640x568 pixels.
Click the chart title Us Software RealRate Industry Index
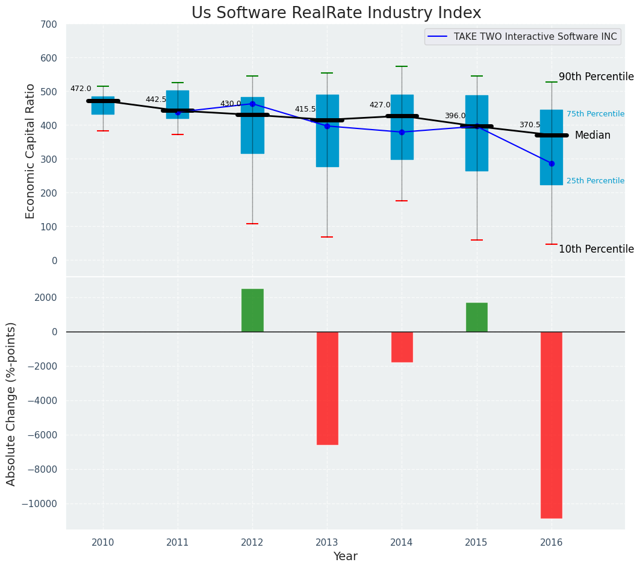pos(336,13)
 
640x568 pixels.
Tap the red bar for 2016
pos(551,424)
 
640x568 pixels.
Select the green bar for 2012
pos(252,310)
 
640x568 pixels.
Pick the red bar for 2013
pos(327,388)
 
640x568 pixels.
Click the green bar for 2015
pos(476,317)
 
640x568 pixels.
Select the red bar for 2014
pos(402,347)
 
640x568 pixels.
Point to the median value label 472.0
pos(81,89)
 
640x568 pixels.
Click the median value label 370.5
pos(530,125)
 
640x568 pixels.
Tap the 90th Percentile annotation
pos(596,77)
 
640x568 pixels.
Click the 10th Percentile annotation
pos(596,249)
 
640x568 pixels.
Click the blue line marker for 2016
pos(551,163)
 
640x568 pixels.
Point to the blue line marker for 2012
pos(252,104)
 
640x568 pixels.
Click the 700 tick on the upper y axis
pos(49,25)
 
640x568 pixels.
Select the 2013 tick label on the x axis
pos(327,542)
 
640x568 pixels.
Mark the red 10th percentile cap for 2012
pos(252,224)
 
